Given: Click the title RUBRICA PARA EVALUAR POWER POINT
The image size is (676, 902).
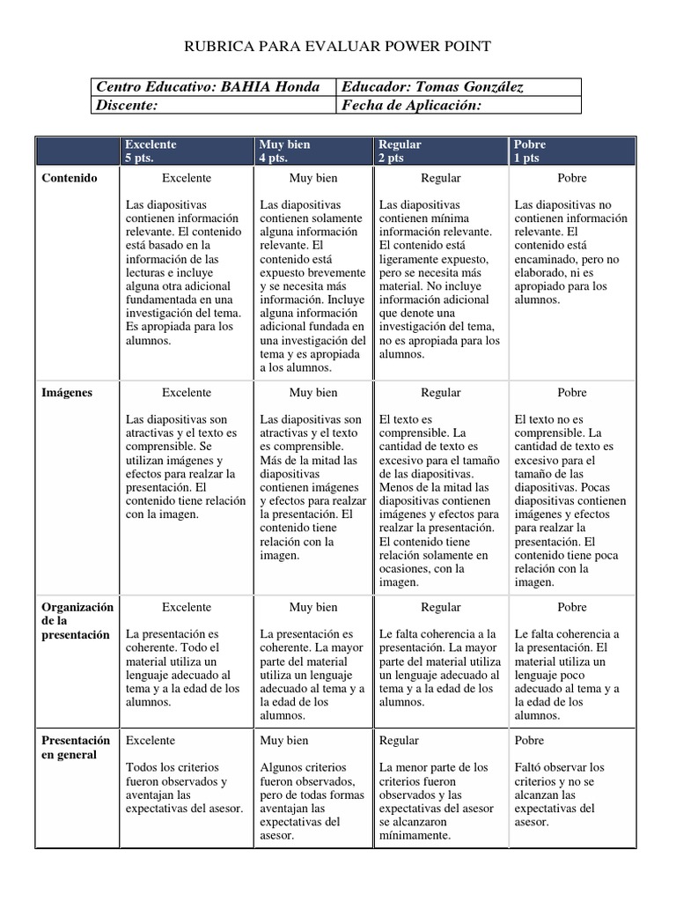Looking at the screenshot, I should pos(337,46).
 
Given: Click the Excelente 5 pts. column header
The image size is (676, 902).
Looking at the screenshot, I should pos(151,151).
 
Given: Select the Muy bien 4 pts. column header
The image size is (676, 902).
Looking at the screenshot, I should pos(285,151).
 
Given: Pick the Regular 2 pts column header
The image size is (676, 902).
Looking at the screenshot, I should pos(400,151).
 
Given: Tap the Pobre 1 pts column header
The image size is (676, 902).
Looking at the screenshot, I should pos(531,151).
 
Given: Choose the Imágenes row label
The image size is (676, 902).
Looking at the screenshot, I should pos(66,392).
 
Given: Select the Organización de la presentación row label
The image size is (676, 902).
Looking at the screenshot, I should pos(77,621).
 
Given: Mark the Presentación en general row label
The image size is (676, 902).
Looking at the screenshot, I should pos(76,748).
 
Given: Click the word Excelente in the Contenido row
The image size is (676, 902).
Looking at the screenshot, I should pos(187,178).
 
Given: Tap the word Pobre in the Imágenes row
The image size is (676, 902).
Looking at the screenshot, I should pos(572,392).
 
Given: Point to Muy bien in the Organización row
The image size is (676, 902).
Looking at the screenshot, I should pos(313,607).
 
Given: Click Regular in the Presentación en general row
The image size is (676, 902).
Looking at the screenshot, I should pos(400,741).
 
